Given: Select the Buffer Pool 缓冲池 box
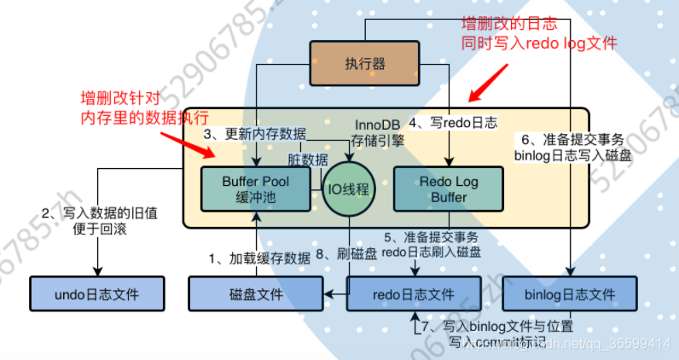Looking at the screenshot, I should coord(255,189).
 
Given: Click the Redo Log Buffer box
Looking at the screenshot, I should coord(449,189).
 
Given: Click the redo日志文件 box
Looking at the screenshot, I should coord(414,294).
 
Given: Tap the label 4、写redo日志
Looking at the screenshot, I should coord(452,121).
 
